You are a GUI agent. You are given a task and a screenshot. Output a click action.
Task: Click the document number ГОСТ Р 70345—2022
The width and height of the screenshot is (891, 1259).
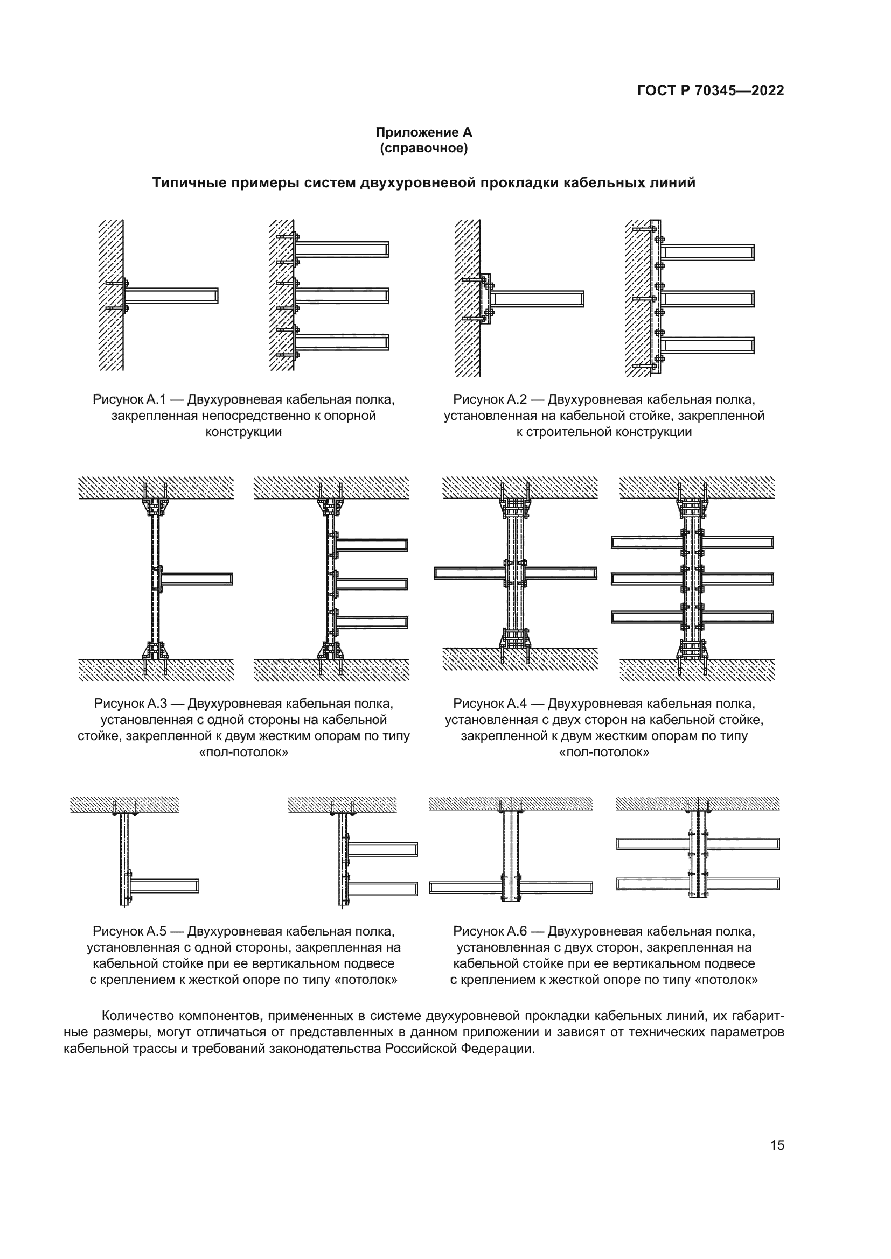pyautogui.click(x=711, y=91)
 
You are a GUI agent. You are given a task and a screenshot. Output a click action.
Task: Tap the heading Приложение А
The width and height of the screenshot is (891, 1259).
pyautogui.click(x=423, y=133)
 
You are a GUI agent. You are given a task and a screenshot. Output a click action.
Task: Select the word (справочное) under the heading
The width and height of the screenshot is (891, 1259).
pyautogui.click(x=423, y=149)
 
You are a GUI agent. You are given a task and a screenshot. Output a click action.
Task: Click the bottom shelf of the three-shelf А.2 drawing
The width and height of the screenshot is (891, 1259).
pyautogui.click(x=707, y=345)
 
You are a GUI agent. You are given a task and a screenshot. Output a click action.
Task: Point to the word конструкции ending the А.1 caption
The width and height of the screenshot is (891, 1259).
pyautogui.click(x=243, y=432)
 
